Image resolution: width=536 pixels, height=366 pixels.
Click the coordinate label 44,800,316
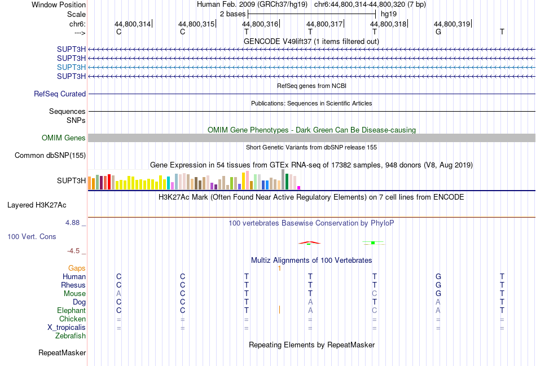(260, 24)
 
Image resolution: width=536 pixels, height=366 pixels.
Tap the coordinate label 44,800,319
(452, 24)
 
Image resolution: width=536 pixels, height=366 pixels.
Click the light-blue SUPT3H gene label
(71, 67)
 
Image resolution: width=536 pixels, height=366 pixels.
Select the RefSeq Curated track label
(60, 94)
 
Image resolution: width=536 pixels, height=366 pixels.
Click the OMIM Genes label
(64, 138)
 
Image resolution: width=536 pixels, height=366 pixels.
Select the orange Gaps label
(77, 268)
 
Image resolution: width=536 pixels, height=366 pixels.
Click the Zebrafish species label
(71, 336)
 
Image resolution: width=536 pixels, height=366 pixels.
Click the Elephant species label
(71, 311)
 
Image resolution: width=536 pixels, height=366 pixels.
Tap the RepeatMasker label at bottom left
(62, 354)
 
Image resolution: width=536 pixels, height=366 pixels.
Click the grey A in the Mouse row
(118, 294)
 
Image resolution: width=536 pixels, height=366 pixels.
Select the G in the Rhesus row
(438, 285)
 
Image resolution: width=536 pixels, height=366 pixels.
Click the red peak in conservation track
(309, 242)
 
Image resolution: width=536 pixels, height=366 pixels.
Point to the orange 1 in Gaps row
(279, 268)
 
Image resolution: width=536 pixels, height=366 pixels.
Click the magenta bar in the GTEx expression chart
(299, 188)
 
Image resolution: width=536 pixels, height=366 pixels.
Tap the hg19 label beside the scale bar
(388, 13)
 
